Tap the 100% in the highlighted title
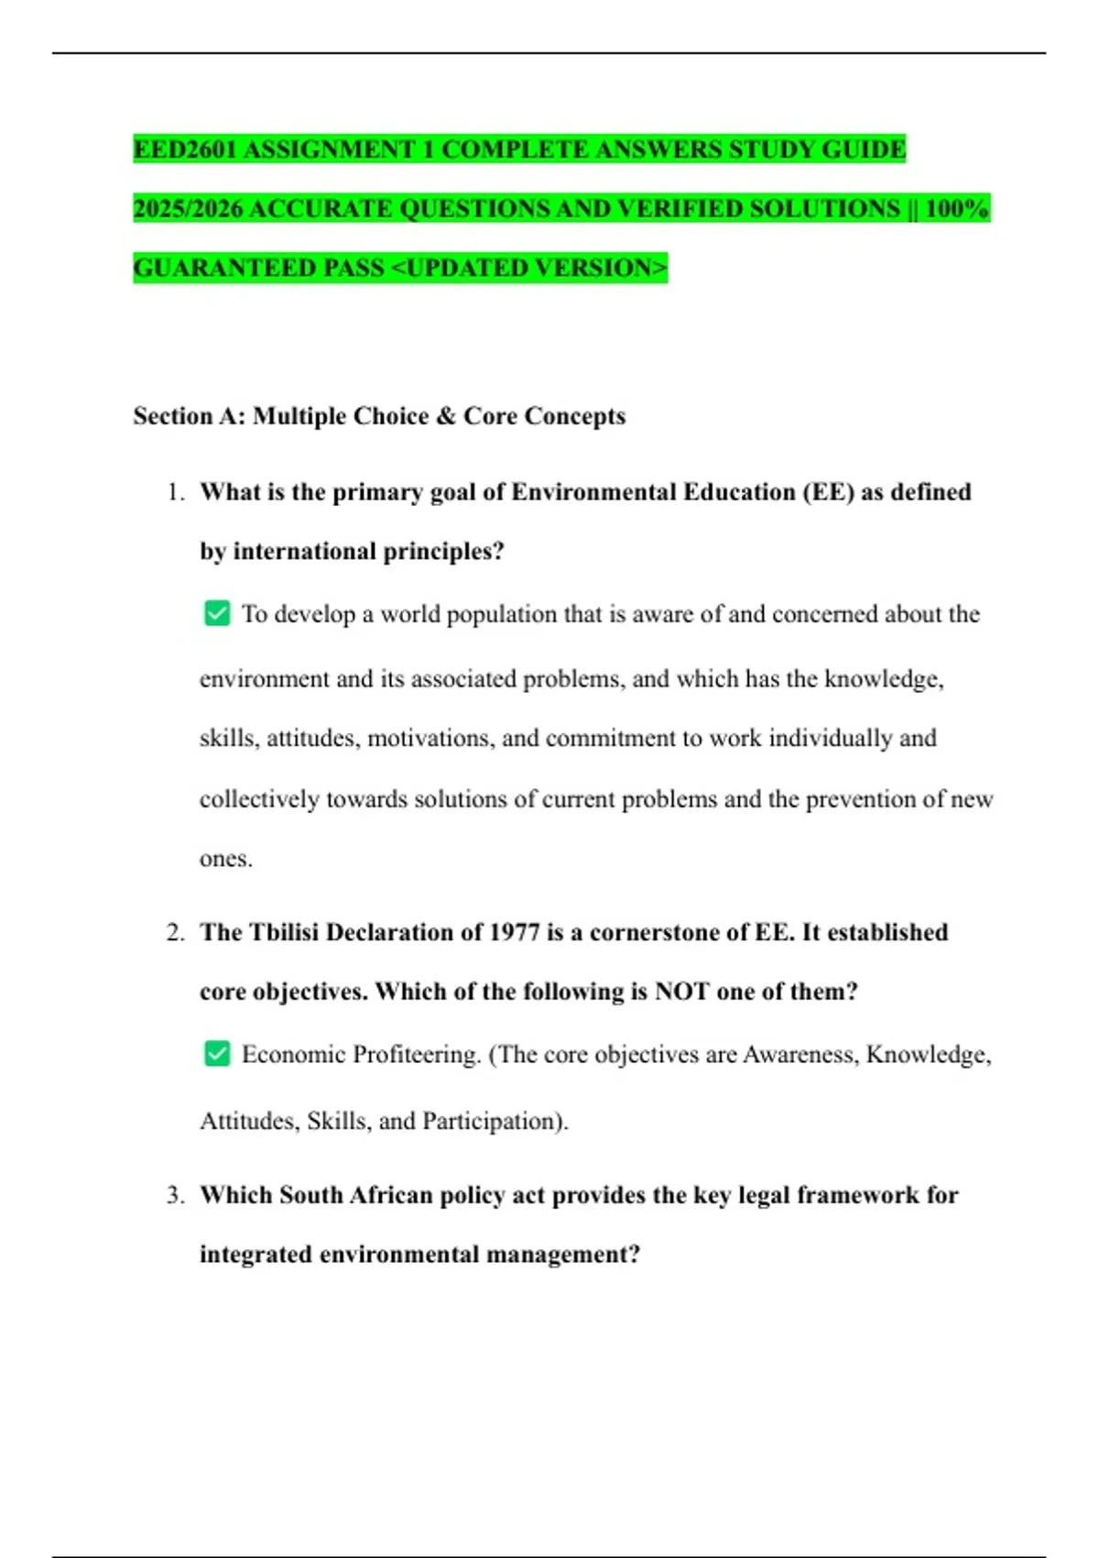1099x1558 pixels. point(957,209)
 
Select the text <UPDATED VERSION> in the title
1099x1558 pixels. point(529,269)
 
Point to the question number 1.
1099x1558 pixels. point(176,492)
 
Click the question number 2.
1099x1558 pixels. point(176,933)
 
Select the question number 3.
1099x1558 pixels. point(176,1195)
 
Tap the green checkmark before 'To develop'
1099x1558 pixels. point(217,613)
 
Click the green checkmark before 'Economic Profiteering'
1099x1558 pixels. point(217,1054)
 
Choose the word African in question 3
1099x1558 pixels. point(390,1195)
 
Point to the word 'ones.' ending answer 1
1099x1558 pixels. point(225,860)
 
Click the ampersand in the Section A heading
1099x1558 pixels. point(446,416)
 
